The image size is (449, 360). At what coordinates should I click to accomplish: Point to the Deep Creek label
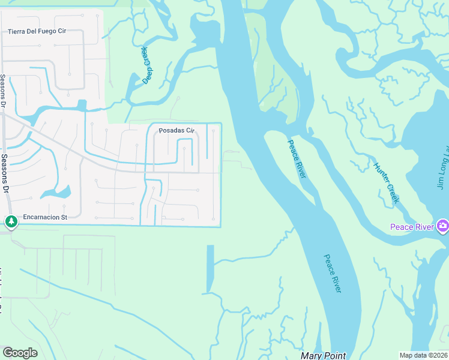pyautogui.click(x=145, y=65)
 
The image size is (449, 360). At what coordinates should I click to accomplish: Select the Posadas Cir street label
pyautogui.click(x=177, y=131)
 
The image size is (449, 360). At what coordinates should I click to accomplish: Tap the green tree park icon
pyautogui.click(x=11, y=222)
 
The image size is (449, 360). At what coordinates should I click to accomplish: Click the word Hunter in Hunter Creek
pyautogui.click(x=381, y=173)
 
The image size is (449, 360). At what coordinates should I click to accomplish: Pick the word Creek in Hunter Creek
pyautogui.click(x=392, y=193)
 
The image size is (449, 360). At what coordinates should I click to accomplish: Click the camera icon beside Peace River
pyautogui.click(x=442, y=226)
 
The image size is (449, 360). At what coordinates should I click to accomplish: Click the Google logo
pyautogui.click(x=20, y=353)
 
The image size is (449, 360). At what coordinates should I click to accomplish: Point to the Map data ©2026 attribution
pyautogui.click(x=423, y=355)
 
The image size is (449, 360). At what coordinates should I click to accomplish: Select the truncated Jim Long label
pyautogui.click(x=443, y=168)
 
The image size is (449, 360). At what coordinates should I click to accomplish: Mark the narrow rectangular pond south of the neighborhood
pyautogui.click(x=210, y=269)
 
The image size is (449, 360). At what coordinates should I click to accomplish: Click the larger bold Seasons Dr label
pyautogui.click(x=6, y=173)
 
